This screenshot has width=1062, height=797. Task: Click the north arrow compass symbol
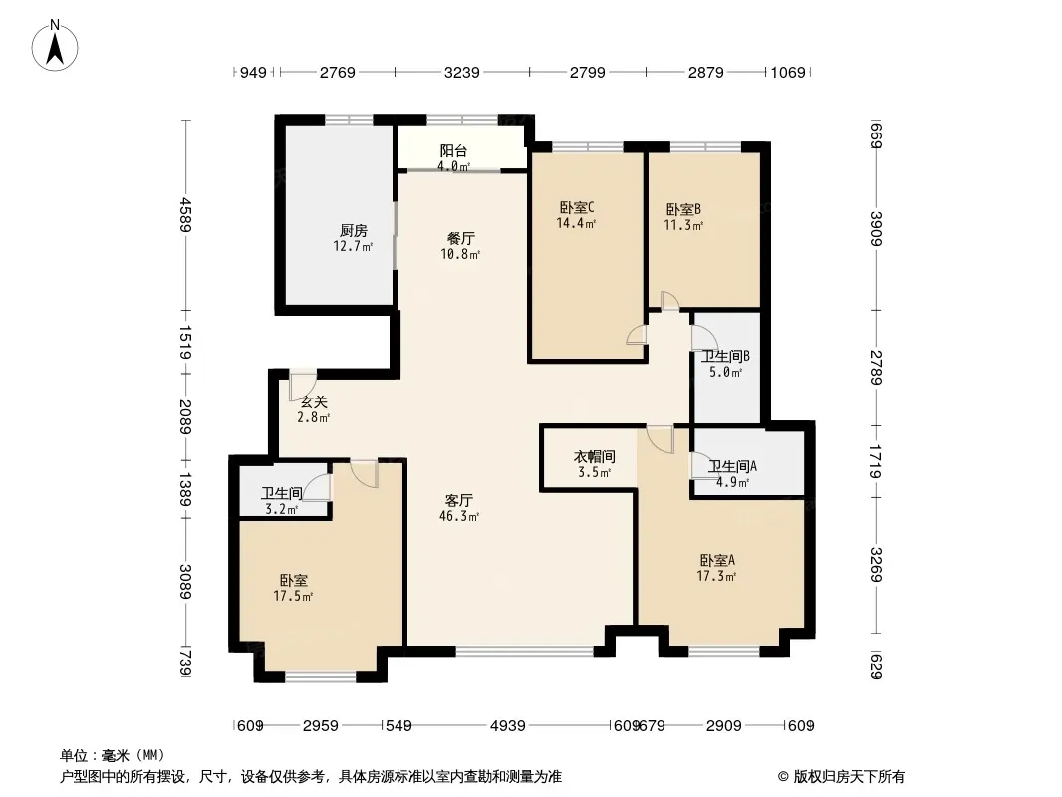coord(55,46)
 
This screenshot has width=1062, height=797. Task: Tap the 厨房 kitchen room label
coord(354,231)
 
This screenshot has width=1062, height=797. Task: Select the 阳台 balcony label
coord(453,151)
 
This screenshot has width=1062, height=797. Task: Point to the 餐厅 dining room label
coord(460,238)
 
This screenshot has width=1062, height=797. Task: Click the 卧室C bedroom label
coord(577,207)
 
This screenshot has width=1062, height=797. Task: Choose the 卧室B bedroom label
coord(683,209)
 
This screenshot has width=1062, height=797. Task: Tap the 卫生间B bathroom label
coord(725,356)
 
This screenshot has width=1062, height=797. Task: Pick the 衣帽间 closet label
coord(594,457)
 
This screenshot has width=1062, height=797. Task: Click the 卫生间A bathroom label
coord(732,466)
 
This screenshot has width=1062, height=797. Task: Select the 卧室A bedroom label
coord(717,560)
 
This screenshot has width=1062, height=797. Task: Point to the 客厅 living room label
coord(458,500)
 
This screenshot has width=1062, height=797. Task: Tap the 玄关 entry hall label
coord(314,402)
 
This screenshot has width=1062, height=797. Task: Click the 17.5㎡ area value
coord(293,596)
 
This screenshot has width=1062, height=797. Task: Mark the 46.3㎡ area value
coord(459,516)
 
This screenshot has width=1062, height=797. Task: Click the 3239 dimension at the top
coord(462,72)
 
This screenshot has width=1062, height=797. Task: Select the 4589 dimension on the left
coord(185,214)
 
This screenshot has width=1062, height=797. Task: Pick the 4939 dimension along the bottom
coord(508,726)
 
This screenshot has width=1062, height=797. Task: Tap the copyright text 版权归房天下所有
coord(849,777)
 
